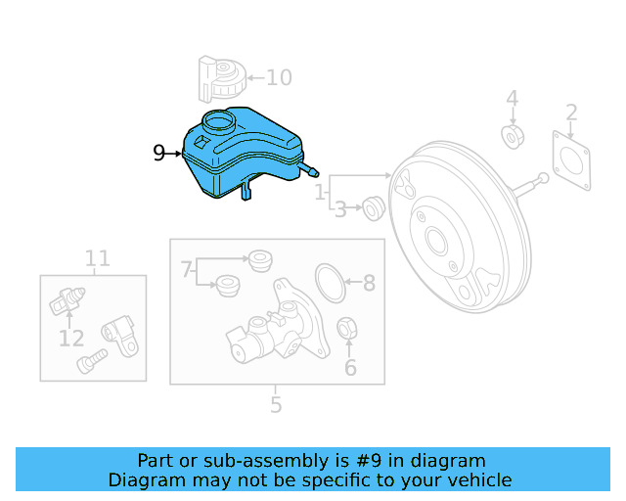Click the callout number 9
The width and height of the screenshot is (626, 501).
(x=159, y=153)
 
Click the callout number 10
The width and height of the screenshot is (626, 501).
(x=279, y=76)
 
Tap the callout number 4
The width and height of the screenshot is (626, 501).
(x=512, y=99)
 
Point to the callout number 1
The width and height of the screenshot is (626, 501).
(x=320, y=195)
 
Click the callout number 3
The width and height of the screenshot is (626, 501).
(x=339, y=208)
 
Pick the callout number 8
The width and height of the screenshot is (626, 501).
(x=369, y=284)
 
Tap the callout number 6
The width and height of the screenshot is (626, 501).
(x=350, y=368)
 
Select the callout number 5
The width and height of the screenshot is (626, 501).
(x=276, y=403)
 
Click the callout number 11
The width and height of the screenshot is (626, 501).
(x=97, y=258)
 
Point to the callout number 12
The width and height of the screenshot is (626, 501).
(x=70, y=339)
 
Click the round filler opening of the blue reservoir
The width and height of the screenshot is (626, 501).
(x=218, y=122)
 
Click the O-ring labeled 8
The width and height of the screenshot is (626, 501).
(x=332, y=283)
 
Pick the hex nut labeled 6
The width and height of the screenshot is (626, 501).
(x=346, y=329)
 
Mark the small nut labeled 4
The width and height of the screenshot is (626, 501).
(x=512, y=135)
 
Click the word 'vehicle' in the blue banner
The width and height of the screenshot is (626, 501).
(x=479, y=479)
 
